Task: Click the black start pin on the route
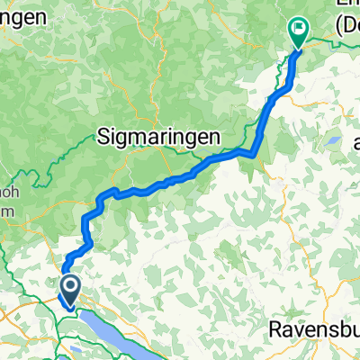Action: pos(69,290)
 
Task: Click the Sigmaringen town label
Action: pos(159,137)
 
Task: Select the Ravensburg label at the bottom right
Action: pos(315,330)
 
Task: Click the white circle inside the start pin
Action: pos(69,287)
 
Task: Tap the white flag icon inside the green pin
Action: pos(297,29)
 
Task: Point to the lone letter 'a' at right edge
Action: pos(355,143)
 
